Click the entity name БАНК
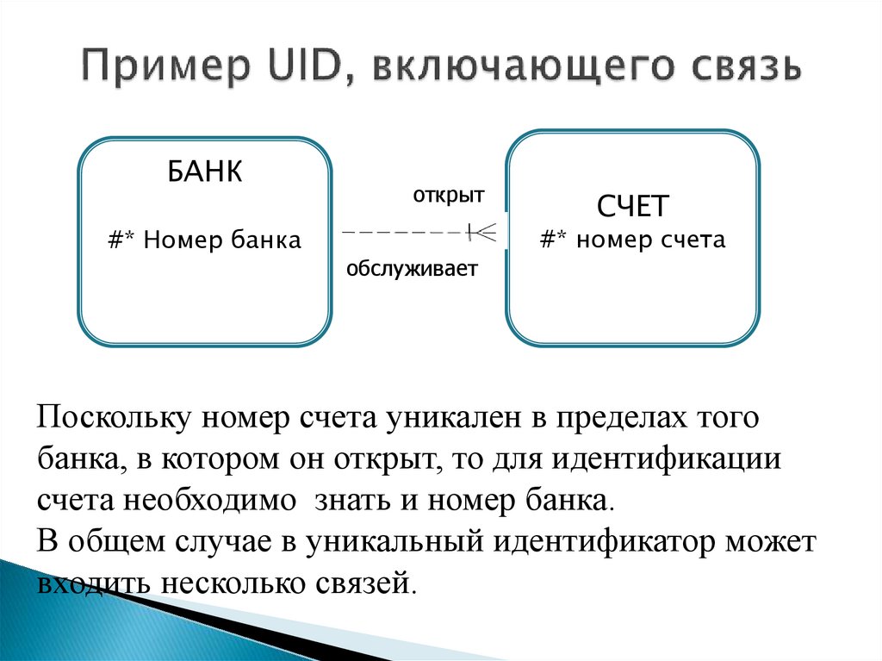204,171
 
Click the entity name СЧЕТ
633,207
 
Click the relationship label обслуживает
412,270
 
